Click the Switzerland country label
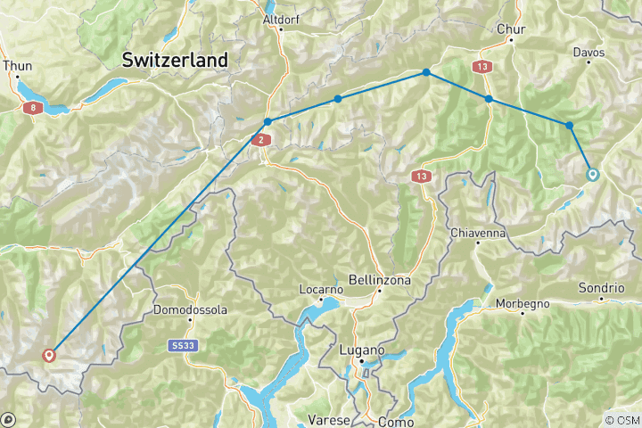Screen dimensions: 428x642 pos(175,60)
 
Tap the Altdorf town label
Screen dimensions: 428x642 pos(281,18)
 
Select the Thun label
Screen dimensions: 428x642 pos(17,65)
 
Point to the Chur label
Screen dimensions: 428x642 pos(511,29)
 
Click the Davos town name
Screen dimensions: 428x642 pos(589,53)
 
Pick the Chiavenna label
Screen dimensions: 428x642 pos(478,233)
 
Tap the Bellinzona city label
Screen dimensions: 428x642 pos(381,280)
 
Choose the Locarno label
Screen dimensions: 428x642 pos(321,290)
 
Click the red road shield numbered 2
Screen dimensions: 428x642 pos(260,140)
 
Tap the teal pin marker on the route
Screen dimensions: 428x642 pos(592,175)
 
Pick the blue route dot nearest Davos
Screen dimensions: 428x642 pos(569,126)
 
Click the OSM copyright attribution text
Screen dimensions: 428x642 pos(621,420)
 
